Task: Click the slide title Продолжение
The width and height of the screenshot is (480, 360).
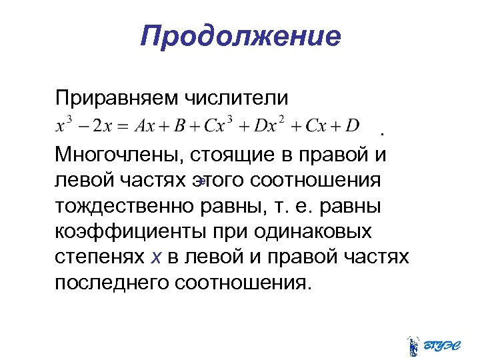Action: coord(240,36)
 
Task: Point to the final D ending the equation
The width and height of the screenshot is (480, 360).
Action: coord(353,126)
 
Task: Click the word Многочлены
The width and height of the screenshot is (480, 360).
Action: coord(119,155)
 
